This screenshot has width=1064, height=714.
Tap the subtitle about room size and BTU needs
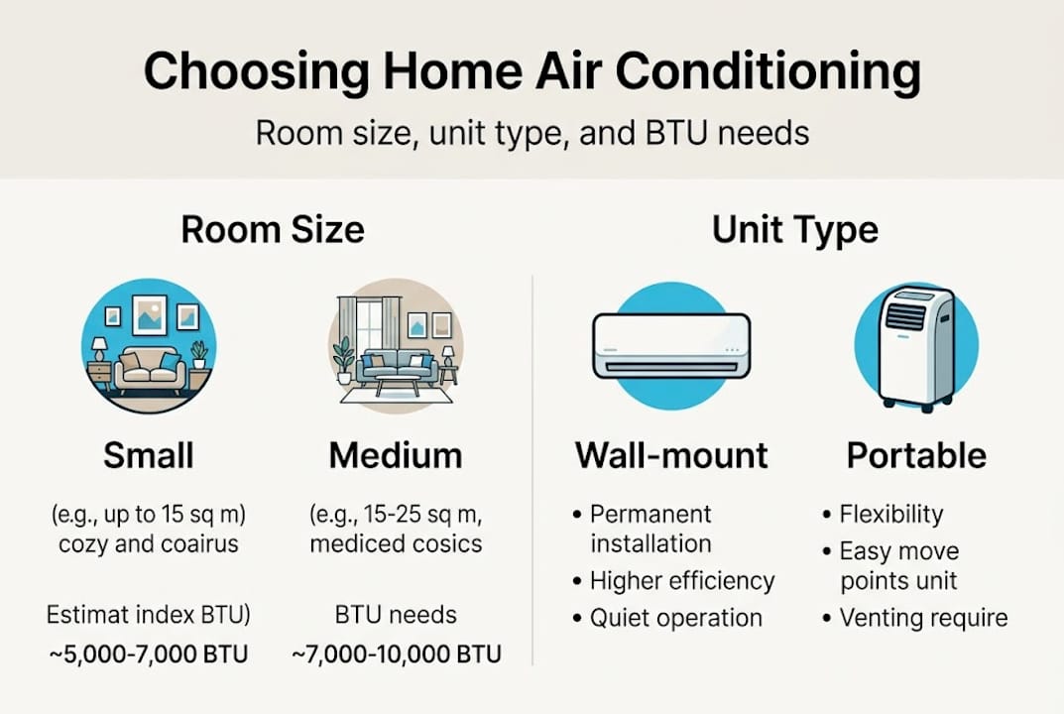coord(532,133)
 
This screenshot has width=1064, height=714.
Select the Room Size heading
coord(273,230)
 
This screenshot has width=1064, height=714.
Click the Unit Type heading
coord(794,230)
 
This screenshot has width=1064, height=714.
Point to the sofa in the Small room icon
coord(149,369)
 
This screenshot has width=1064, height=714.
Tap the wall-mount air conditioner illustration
coord(670,345)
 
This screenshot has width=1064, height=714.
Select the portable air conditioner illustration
coord(916,347)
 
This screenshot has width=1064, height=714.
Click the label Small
coord(149,455)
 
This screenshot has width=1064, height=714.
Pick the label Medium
coord(396,455)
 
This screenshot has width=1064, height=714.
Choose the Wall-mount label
coord(671,455)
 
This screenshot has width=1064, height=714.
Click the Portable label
coord(916,455)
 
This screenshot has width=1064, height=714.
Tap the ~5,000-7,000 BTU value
coord(149,654)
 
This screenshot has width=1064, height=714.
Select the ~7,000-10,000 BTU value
coord(396,654)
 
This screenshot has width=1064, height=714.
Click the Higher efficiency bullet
coord(681,581)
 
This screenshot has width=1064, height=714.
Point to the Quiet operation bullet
coord(675,619)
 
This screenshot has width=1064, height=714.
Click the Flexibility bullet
coord(890,515)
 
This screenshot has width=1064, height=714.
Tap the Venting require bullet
coord(922,619)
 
